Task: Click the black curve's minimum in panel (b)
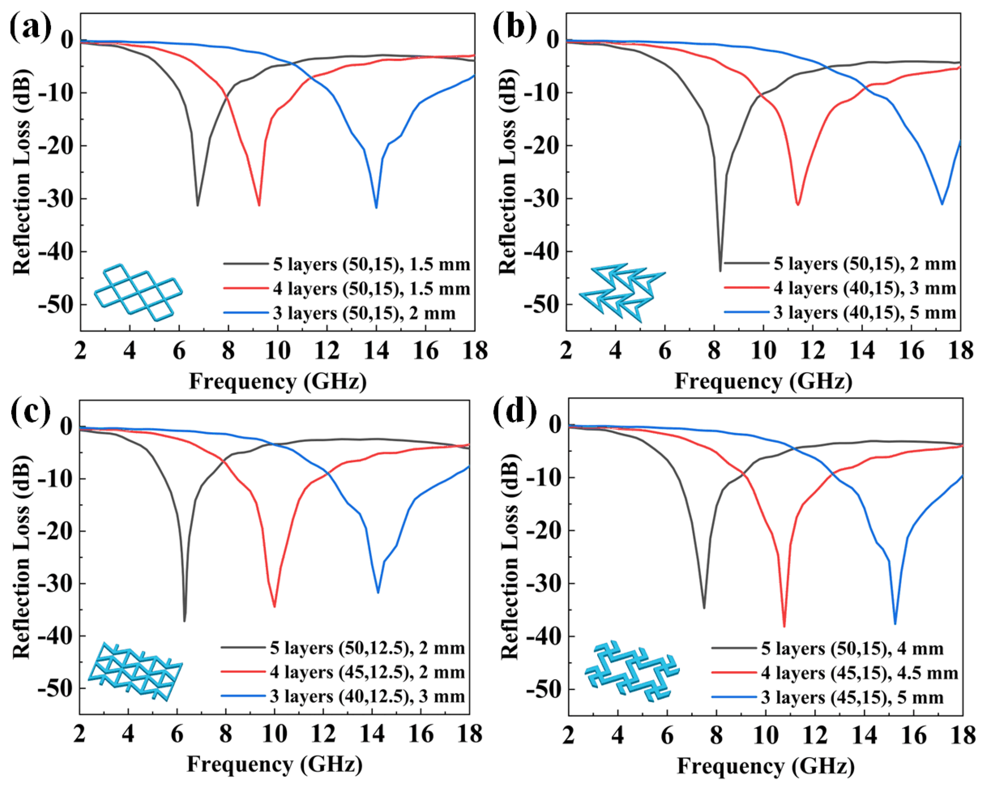[720, 271]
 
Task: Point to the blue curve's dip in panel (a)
[376, 208]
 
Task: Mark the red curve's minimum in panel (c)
[274, 606]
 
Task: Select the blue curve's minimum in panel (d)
[894, 623]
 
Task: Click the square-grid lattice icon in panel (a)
[138, 292]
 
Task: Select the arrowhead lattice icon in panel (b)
[621, 292]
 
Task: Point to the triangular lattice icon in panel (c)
[135, 671]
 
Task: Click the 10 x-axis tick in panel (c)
[274, 734]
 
